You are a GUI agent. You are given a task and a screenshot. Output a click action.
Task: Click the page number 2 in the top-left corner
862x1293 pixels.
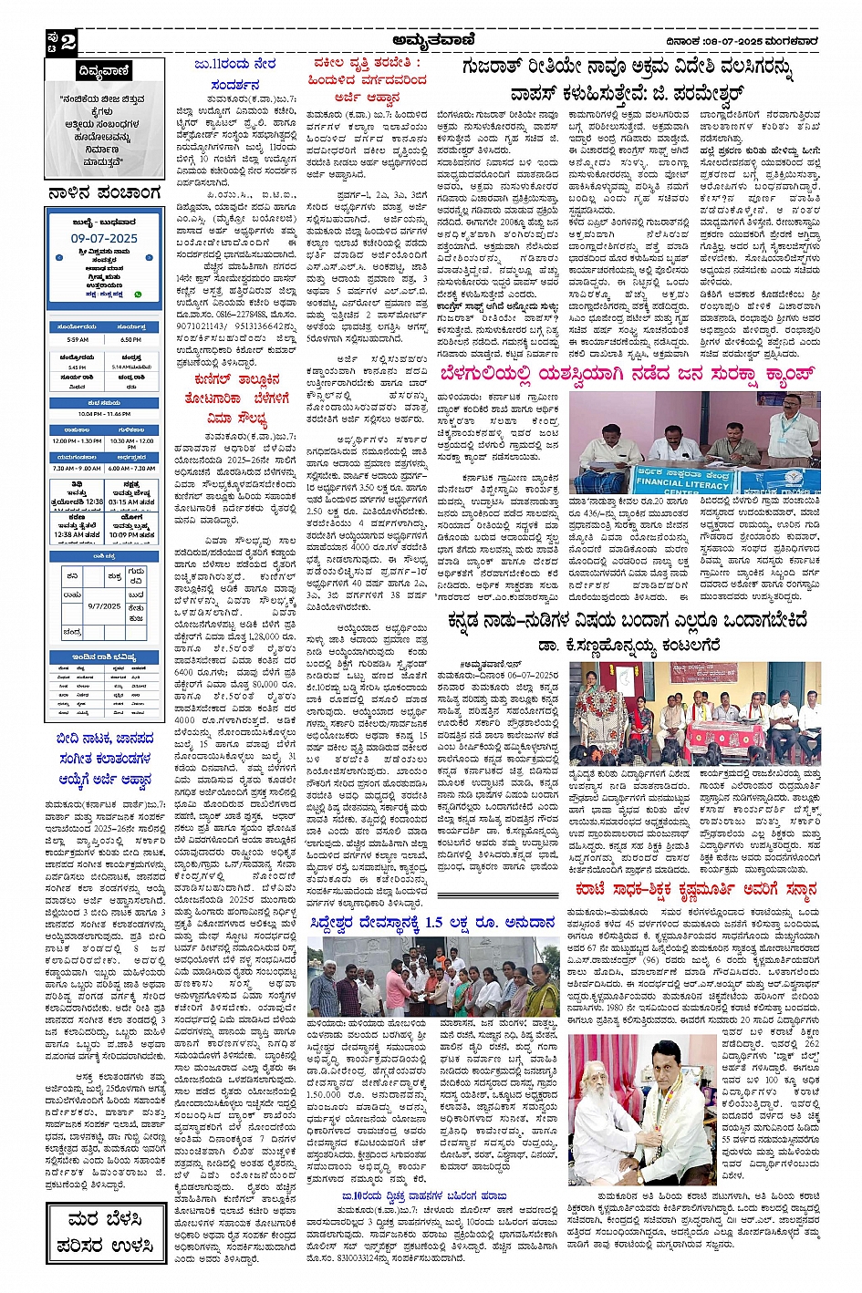68,41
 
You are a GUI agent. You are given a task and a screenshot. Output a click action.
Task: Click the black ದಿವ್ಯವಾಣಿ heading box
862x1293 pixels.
105,71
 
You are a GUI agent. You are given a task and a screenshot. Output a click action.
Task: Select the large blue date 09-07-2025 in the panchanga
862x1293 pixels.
104,238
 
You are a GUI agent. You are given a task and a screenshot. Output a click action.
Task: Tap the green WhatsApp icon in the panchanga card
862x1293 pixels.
138,294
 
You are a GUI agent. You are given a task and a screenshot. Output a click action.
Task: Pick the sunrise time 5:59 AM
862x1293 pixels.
78,339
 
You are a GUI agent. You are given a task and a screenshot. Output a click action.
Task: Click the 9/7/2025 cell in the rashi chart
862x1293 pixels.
105,605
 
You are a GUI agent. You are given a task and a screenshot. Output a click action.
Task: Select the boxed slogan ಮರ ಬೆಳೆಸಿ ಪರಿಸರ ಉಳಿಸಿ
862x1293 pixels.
105,1232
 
